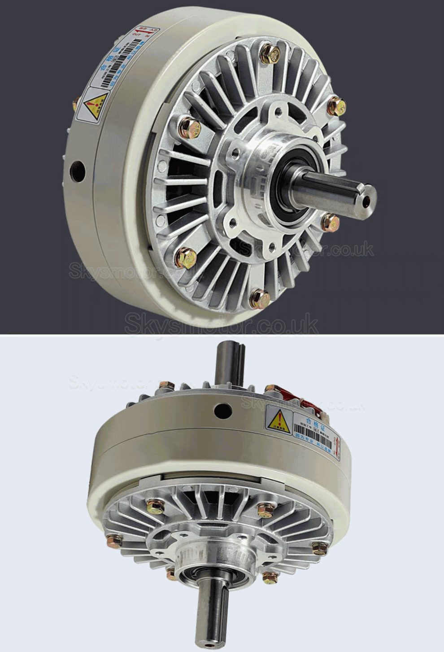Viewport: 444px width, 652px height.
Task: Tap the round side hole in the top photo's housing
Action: point(77,171)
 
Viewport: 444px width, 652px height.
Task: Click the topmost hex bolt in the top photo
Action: point(270,53)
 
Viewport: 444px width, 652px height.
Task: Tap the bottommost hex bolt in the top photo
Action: point(259,299)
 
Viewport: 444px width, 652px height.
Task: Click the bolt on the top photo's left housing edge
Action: point(75,105)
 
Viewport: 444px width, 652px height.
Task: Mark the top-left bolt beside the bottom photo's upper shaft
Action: point(166,385)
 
